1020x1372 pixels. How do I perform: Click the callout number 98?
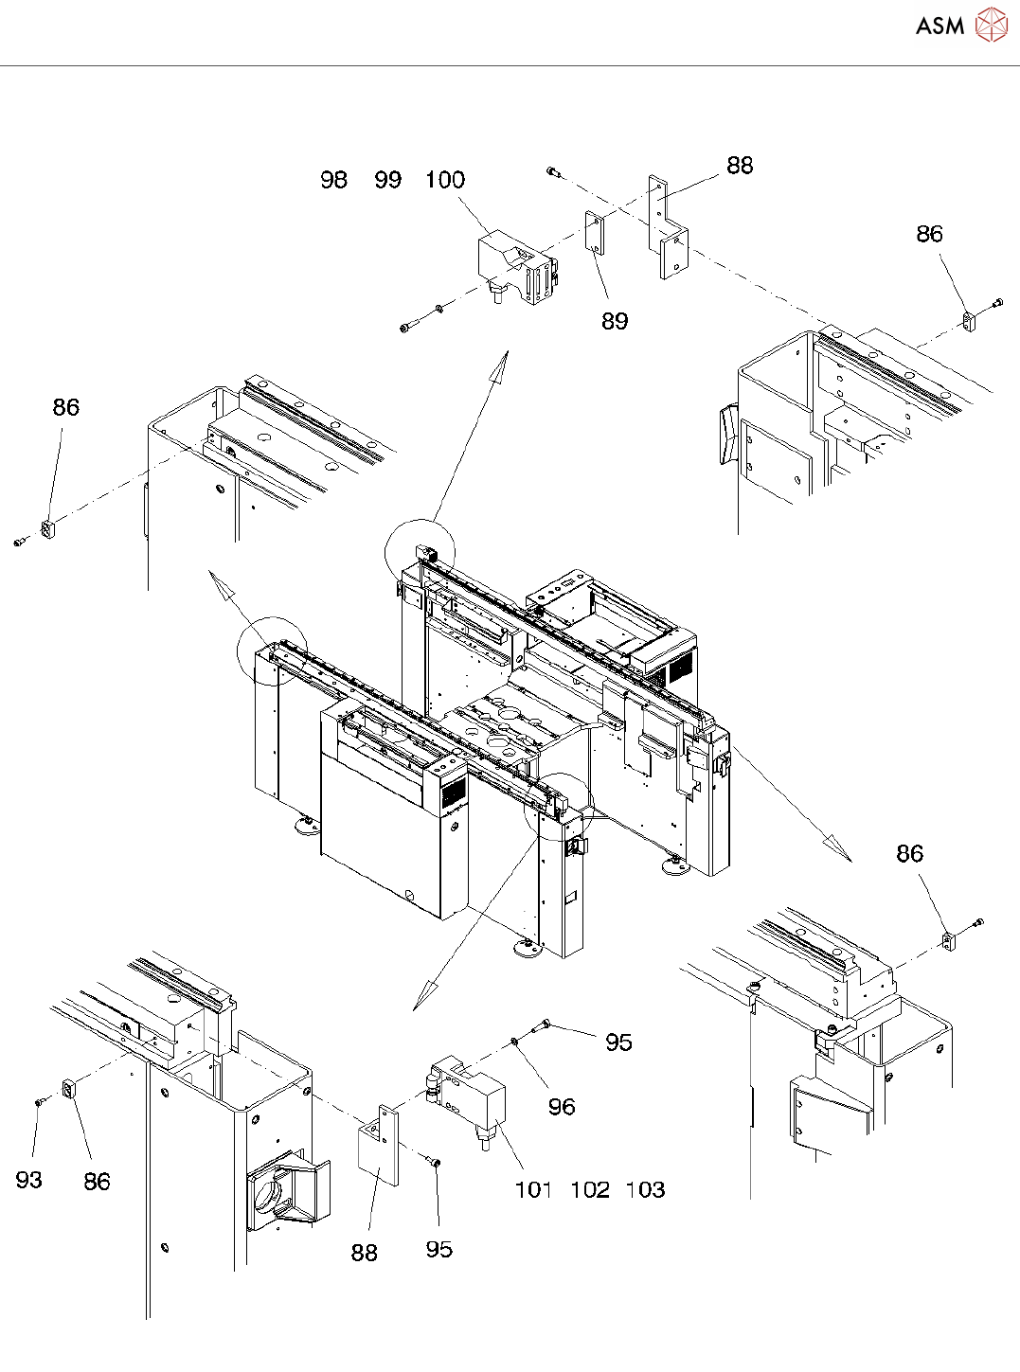pos(333,180)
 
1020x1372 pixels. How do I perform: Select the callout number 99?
pos(387,180)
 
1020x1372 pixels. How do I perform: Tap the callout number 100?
pos(444,180)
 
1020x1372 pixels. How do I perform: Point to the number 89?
pos(615,322)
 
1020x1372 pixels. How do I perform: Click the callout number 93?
pos(28,1180)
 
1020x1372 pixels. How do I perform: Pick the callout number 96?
pos(562,1107)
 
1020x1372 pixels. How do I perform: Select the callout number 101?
pos(533,1190)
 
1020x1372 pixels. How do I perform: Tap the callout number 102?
pos(589,1190)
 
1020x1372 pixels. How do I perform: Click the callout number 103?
pos(645,1190)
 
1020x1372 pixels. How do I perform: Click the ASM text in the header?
pos(939,26)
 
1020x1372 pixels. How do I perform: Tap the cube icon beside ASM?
pos(992,25)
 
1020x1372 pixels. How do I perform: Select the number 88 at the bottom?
pos(365,1253)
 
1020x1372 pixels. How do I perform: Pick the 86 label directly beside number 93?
pos(97,1182)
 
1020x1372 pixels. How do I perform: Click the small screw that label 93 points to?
pos(39,1101)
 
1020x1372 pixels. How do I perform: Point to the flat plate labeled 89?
pos(594,232)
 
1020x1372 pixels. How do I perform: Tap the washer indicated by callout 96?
pos(514,1042)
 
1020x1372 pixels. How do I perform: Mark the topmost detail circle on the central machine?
pos(421,553)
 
